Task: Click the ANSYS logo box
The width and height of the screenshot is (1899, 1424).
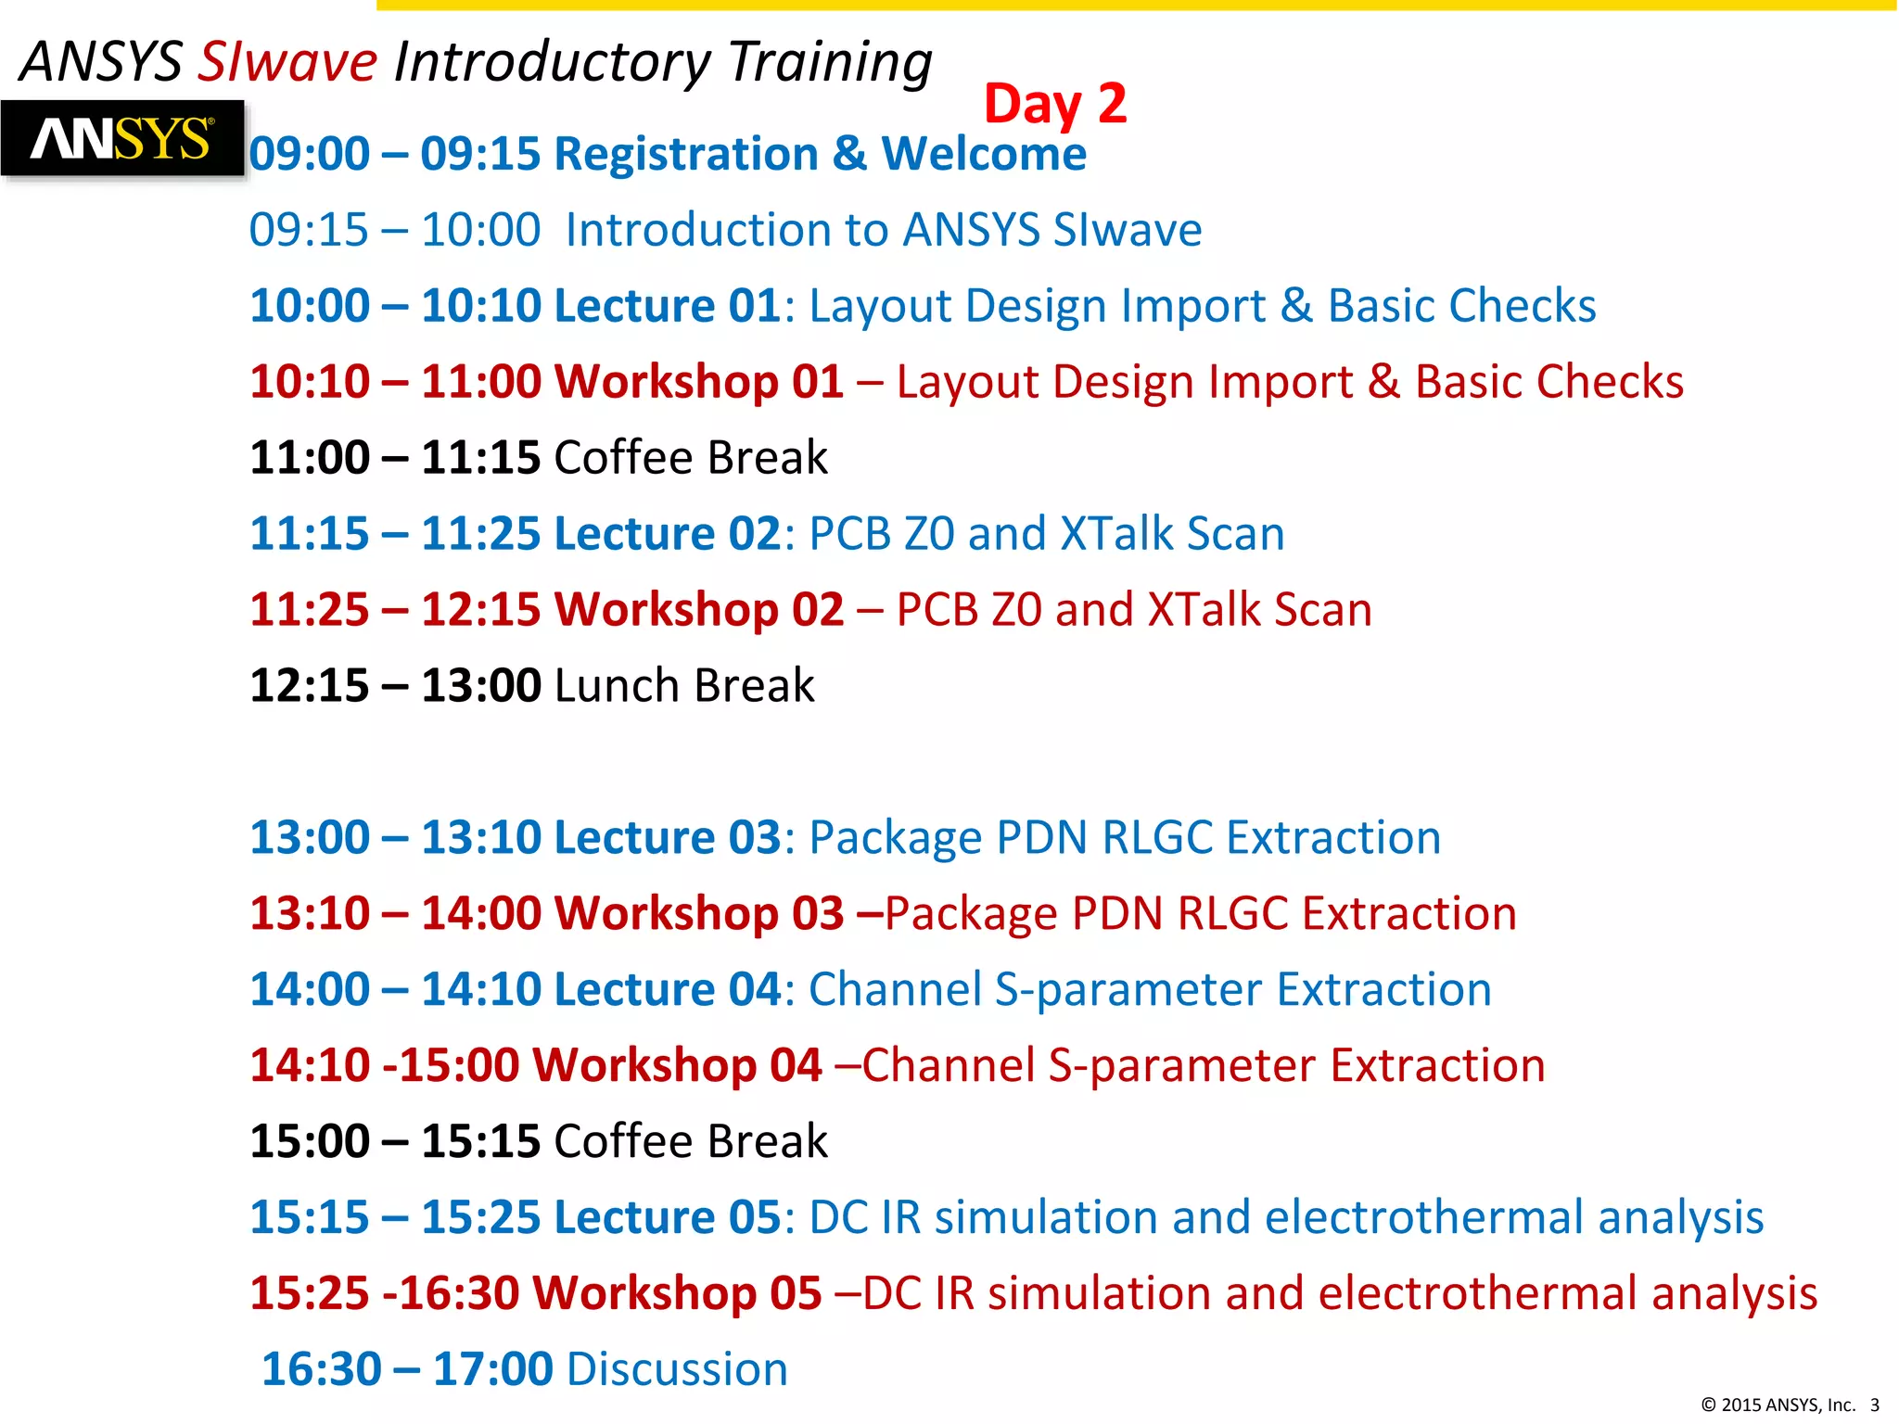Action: (121, 139)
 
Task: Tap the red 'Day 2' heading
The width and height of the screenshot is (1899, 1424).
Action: (1054, 103)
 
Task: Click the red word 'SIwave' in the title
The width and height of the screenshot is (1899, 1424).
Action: (288, 62)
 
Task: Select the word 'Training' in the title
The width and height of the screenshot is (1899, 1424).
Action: (830, 62)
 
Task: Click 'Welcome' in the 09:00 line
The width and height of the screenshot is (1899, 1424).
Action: (983, 153)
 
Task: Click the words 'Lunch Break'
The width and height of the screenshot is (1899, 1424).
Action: (684, 686)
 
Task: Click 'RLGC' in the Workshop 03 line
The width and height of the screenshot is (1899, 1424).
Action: (1232, 914)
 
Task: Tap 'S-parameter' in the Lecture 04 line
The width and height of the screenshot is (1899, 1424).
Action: (1128, 990)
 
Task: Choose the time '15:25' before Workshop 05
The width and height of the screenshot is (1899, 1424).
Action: (309, 1293)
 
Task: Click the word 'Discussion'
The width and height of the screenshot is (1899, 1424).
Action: (677, 1369)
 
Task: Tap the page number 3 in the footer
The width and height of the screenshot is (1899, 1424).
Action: (1874, 1405)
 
